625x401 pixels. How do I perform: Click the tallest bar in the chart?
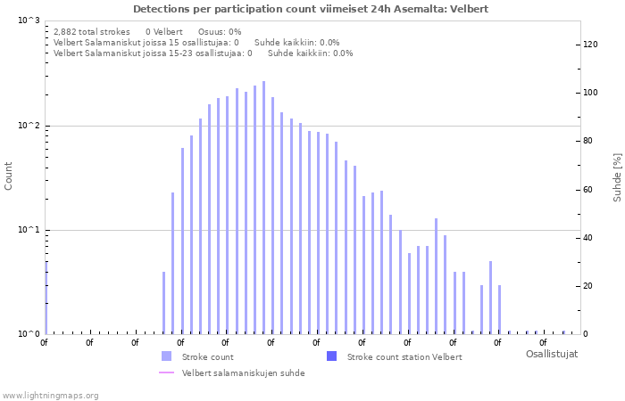click(263, 207)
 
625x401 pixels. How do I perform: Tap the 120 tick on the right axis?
click(590, 44)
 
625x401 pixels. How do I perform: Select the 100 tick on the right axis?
click(590, 93)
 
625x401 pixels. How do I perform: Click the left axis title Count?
click(9, 176)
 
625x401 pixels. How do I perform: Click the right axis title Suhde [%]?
click(616, 176)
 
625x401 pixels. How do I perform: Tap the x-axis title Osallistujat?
click(551, 354)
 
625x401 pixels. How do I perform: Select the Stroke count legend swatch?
click(166, 356)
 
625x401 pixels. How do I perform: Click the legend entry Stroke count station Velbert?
click(404, 356)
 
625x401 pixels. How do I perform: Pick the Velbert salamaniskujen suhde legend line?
click(166, 372)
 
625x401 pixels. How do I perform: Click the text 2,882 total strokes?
click(91, 31)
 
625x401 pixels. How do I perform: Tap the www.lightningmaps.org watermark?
click(50, 395)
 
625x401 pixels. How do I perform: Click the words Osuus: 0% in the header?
click(220, 31)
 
